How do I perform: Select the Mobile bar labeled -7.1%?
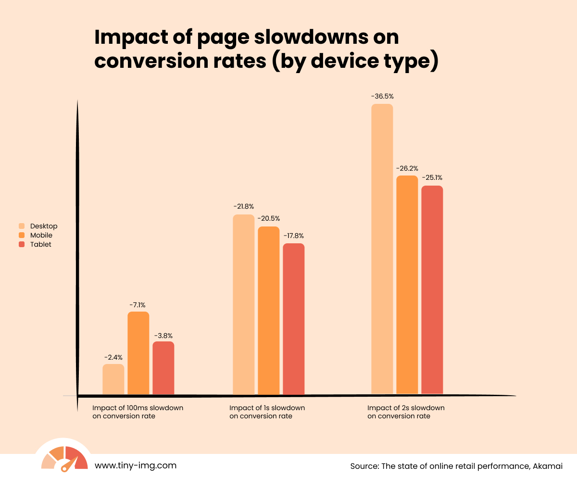(x=138, y=353)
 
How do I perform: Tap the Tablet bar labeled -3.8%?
(x=163, y=368)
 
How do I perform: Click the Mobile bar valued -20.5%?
(x=269, y=310)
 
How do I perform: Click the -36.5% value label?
(x=382, y=96)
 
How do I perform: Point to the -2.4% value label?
(x=113, y=357)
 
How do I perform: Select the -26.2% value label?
(x=407, y=169)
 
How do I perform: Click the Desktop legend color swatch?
(x=22, y=226)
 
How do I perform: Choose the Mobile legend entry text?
(x=41, y=235)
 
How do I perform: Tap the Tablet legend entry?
(x=40, y=244)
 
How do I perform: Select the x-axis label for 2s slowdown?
(x=406, y=412)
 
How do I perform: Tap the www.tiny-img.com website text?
(x=136, y=465)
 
